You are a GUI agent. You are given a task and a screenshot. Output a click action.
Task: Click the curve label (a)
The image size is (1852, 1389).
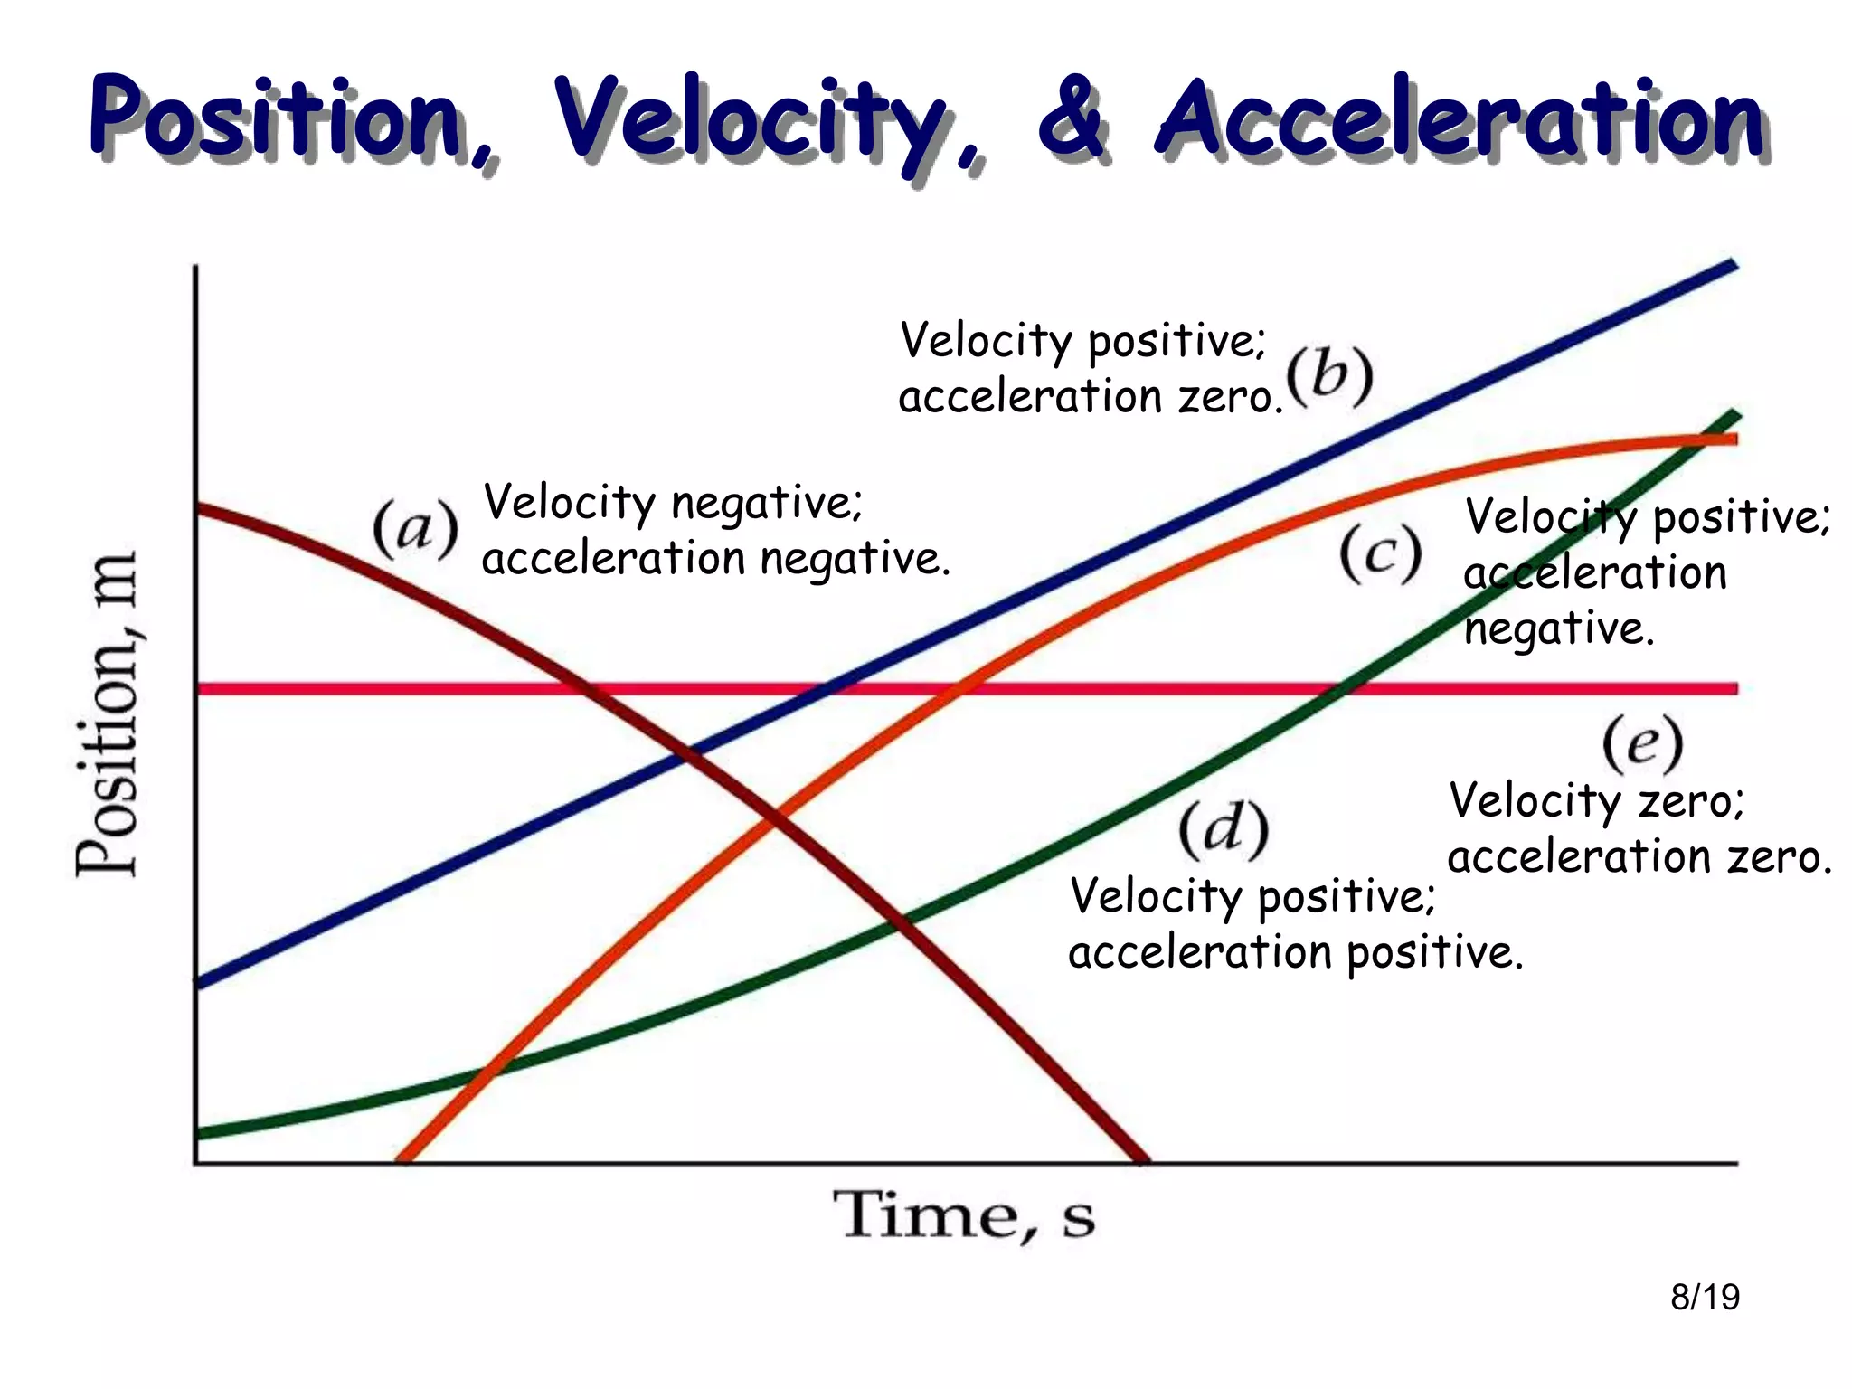coord(416,529)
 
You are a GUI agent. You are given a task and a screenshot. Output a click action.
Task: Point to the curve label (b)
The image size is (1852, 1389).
coord(1329,375)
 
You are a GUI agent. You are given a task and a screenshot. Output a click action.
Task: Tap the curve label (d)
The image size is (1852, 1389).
coord(1223,828)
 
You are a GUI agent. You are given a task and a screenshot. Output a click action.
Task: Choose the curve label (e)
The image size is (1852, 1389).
coord(1641,743)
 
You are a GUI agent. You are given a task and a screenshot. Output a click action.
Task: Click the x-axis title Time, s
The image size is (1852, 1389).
coord(963,1216)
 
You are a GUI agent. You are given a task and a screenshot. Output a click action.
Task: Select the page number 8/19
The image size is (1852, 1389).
coord(1705,1297)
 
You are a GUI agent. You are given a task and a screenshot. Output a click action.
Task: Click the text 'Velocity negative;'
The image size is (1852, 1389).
coord(674,502)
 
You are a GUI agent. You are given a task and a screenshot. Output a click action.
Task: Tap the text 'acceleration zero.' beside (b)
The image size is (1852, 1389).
coord(1090,397)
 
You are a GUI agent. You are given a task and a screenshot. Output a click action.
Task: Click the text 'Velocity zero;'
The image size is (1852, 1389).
coord(1596,801)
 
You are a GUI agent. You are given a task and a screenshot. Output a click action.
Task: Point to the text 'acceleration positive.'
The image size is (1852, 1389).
coord(1295,952)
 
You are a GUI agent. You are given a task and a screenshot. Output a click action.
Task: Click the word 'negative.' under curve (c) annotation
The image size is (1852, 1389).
coord(1558,628)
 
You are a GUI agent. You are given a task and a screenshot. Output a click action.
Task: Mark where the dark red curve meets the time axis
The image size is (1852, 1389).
coord(1141,1159)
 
